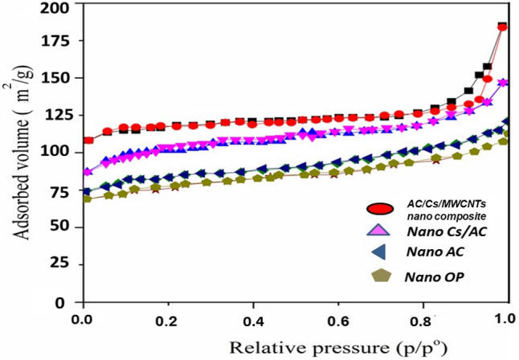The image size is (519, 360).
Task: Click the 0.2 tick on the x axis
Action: [x=167, y=319]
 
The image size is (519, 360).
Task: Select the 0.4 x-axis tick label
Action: [x=252, y=319]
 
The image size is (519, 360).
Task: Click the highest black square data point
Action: [x=503, y=27]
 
